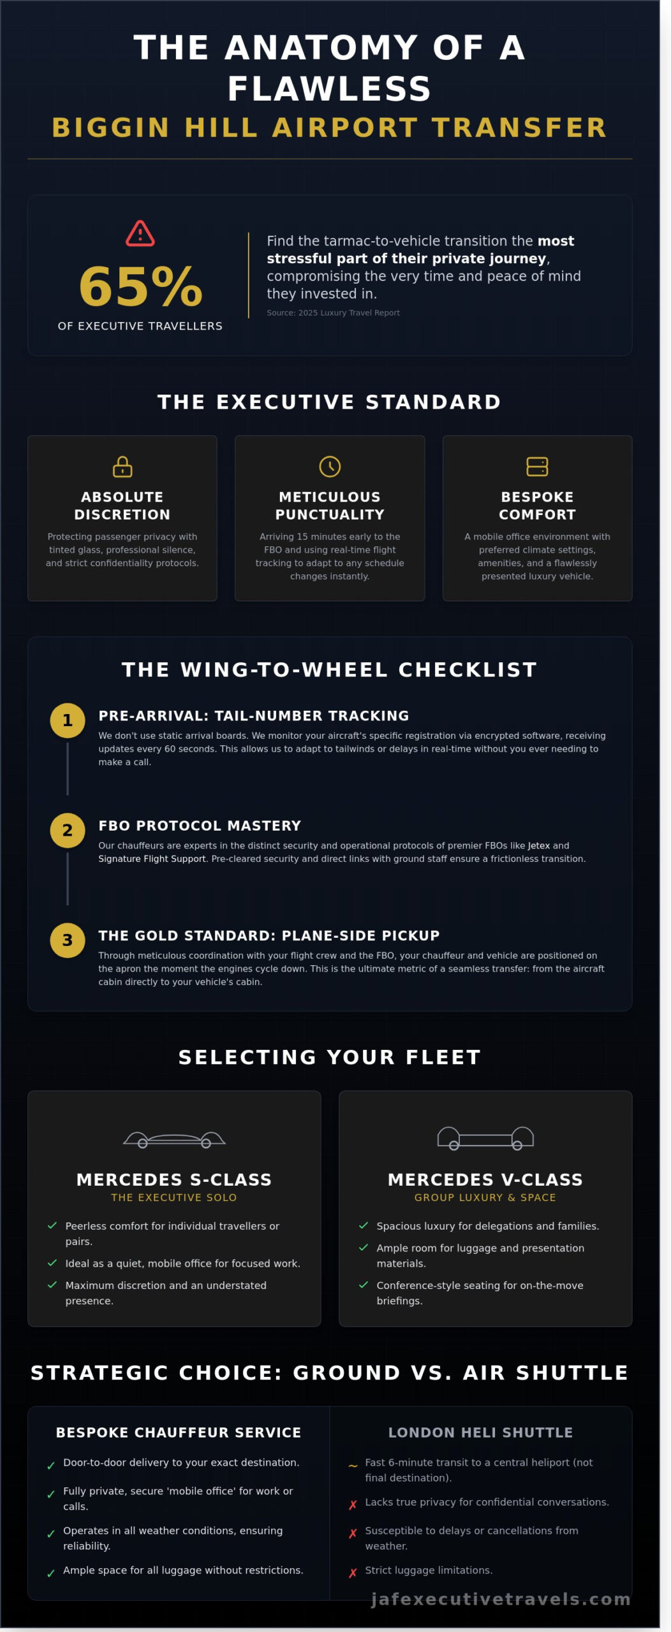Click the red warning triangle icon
pyautogui.click(x=140, y=233)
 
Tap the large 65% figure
pyautogui.click(x=140, y=286)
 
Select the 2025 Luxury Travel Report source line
pyautogui.click(x=333, y=313)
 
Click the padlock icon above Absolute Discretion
pyautogui.click(x=122, y=467)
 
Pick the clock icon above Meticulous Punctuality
pyautogui.click(x=330, y=467)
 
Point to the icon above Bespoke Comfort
pyautogui.click(x=537, y=467)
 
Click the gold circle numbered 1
pyautogui.click(x=68, y=720)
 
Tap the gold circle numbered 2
pyautogui.click(x=68, y=830)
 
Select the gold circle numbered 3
pyautogui.click(x=68, y=940)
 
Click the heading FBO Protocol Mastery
pyautogui.click(x=200, y=826)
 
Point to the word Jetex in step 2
pyautogui.click(x=538, y=845)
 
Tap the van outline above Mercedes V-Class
pyautogui.click(x=485, y=1138)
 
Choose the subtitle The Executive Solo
pyautogui.click(x=174, y=1197)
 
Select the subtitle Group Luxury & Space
pyautogui.click(x=485, y=1197)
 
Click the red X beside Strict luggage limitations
pyautogui.click(x=353, y=1573)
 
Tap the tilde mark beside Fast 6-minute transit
pyautogui.click(x=353, y=1466)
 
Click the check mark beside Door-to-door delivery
pyautogui.click(x=51, y=1466)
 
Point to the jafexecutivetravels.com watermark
pyautogui.click(x=501, y=1599)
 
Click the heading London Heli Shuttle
pyautogui.click(x=480, y=1432)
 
